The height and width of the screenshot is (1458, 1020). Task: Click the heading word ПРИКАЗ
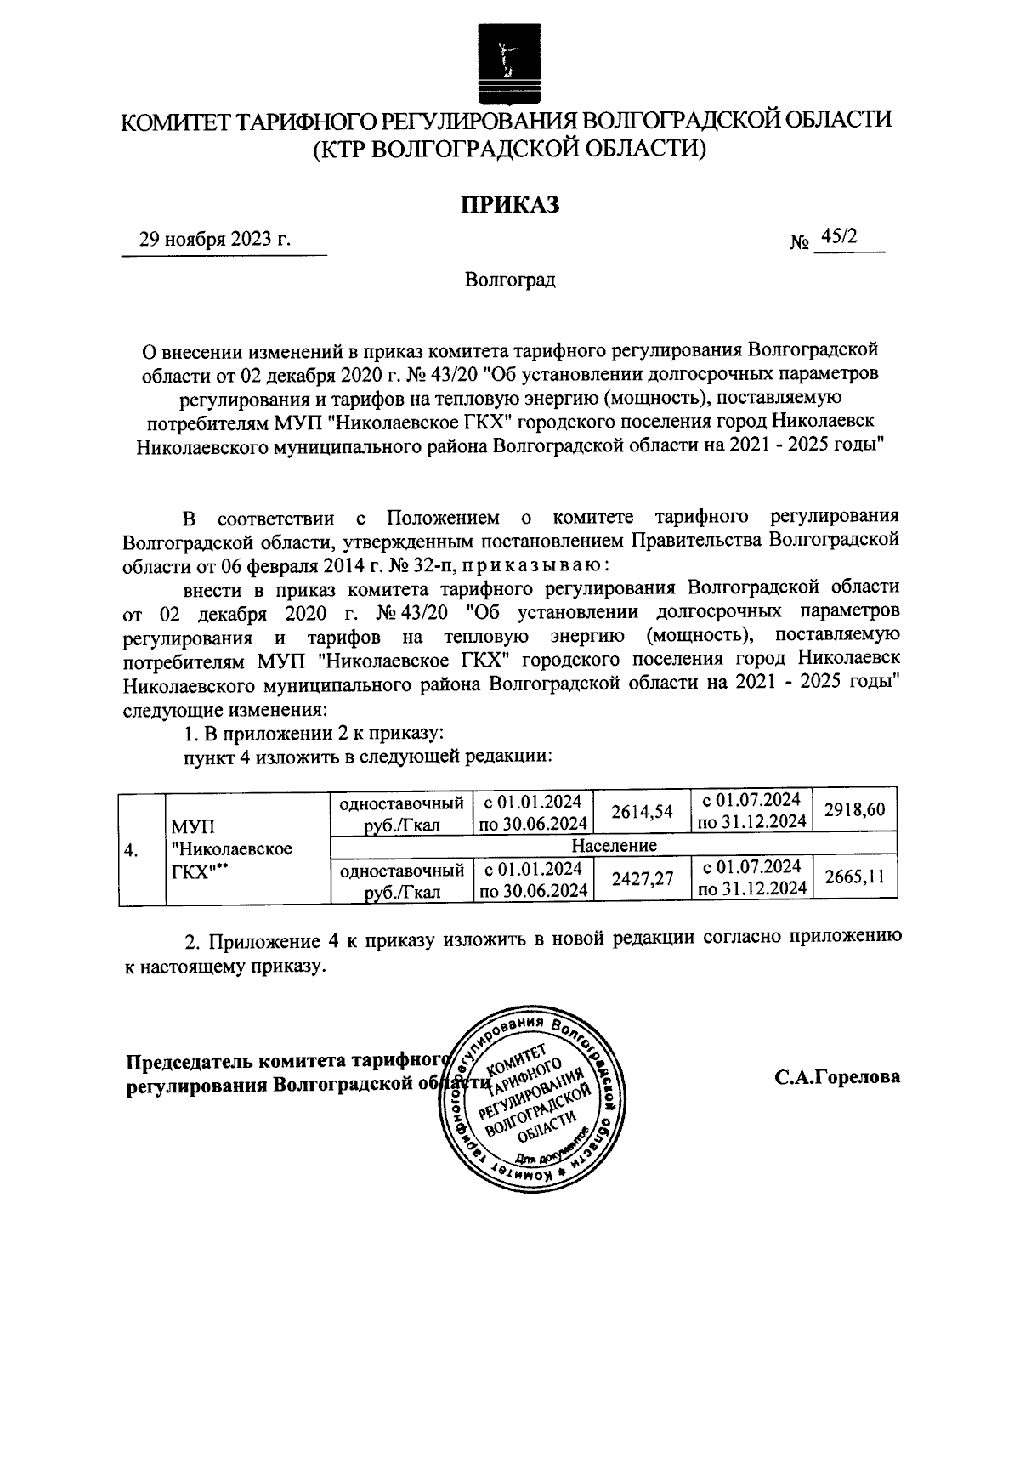click(510, 206)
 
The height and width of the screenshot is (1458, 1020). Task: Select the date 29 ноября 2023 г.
click(215, 241)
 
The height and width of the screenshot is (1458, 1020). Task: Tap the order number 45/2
click(836, 239)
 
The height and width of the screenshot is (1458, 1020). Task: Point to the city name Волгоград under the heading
click(510, 280)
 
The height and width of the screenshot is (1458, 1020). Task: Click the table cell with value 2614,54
click(642, 812)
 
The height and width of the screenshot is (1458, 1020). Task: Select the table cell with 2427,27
click(642, 880)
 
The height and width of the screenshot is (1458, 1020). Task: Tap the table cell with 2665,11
click(854, 877)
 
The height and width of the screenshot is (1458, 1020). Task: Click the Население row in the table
click(614, 846)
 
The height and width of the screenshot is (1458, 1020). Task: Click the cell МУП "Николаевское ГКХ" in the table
click(231, 848)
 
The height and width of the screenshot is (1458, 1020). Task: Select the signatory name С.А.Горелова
click(836, 1076)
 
